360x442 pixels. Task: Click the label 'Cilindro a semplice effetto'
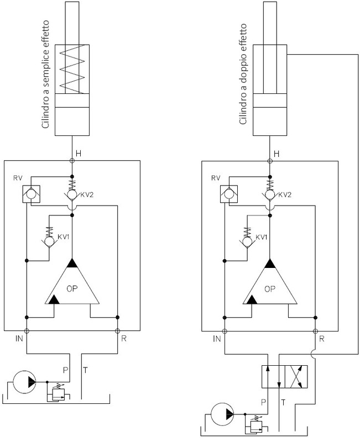point(45,75)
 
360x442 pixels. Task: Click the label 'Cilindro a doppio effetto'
point(243,74)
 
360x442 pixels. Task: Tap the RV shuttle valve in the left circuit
point(31,194)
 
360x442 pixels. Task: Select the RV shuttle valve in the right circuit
point(229,194)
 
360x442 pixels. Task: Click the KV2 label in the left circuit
point(87,194)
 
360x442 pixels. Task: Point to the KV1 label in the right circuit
point(262,238)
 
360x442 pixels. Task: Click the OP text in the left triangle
point(72,288)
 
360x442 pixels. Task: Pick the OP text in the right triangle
point(270,288)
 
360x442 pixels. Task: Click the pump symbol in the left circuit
point(25,382)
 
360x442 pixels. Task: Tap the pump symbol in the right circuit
point(223,414)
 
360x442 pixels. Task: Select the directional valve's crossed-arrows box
point(296,377)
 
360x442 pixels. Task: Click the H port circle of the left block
point(72,161)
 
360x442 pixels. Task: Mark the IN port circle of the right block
point(225,331)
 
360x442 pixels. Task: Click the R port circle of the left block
point(117,330)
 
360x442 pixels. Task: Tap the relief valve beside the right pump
point(257,424)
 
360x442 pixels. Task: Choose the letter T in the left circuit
point(85,370)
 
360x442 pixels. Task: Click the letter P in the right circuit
point(264,402)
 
